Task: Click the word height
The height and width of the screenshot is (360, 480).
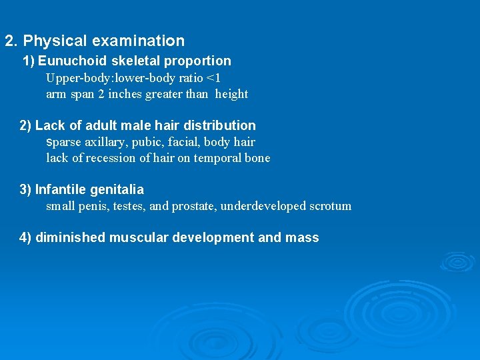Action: click(x=231, y=94)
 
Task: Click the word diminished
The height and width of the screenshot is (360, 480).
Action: click(x=70, y=237)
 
